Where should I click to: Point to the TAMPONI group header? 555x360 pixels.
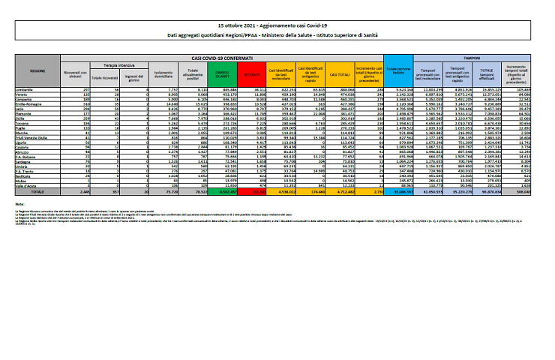(472, 57)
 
